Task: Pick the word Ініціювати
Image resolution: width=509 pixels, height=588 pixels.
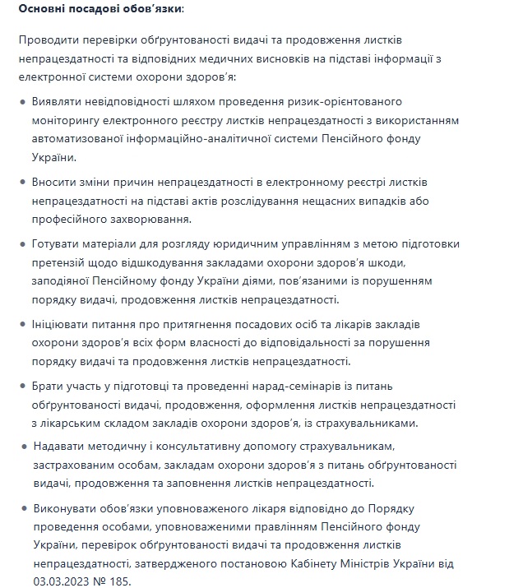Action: tap(65, 324)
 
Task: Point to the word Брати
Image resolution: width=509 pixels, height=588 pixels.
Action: tap(50, 386)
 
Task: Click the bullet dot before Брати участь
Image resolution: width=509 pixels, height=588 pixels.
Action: tap(22, 386)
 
